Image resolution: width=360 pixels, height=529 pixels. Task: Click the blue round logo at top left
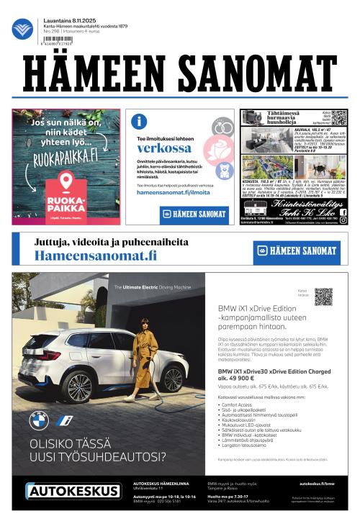pyautogui.click(x=22, y=29)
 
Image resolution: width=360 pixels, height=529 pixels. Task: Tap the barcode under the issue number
pyautogui.click(x=55, y=42)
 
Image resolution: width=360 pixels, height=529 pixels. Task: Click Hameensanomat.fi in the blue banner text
pyautogui.click(x=95, y=256)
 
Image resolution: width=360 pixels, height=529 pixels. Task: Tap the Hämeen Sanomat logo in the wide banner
pyautogui.click(x=297, y=251)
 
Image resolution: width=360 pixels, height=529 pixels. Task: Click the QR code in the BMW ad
pyautogui.click(x=323, y=297)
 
